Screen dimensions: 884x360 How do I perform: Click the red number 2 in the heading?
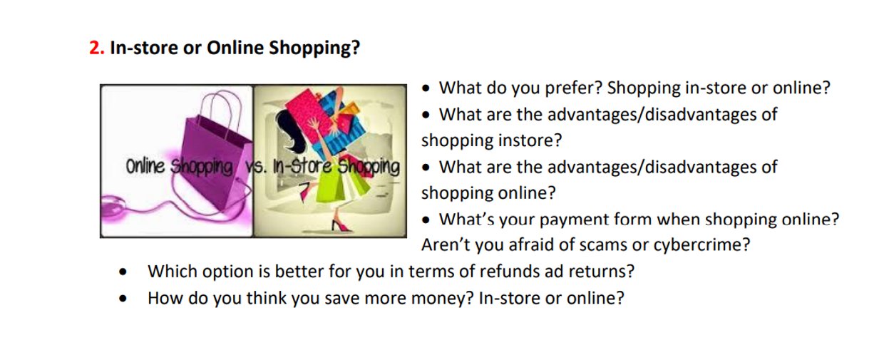[95, 48]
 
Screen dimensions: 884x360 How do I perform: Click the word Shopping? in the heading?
[314, 48]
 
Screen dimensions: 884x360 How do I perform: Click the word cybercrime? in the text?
[701, 245]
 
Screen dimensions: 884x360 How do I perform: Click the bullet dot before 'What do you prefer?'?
[426, 88]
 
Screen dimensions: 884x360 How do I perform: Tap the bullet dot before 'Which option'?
[123, 272]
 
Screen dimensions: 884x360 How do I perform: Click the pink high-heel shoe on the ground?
[341, 225]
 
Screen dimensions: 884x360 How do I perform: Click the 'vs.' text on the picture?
[257, 167]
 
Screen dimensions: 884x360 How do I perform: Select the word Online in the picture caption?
[145, 166]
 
